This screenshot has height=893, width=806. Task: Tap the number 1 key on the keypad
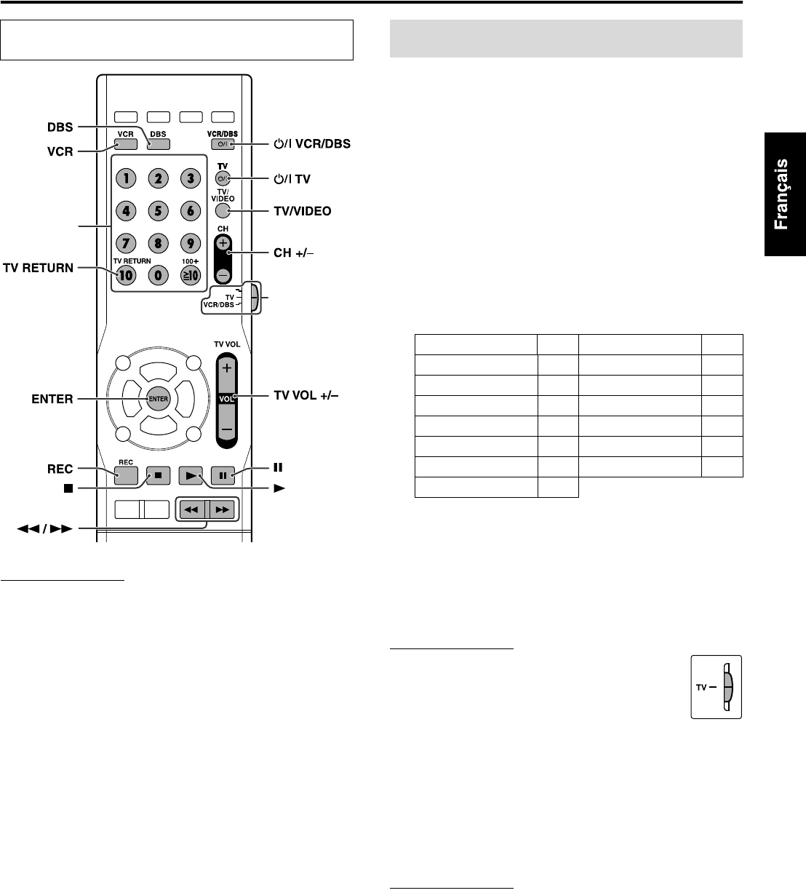[x=126, y=179]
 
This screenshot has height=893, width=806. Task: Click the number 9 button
[x=190, y=244]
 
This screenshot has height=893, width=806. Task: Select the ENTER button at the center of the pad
[x=158, y=398]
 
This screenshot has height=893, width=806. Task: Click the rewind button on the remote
[x=191, y=510]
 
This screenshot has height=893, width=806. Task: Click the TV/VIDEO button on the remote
[x=223, y=211]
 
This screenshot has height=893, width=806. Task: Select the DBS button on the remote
[x=158, y=143]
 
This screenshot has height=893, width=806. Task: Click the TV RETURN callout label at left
[x=38, y=268]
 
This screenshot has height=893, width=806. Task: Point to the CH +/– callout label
[x=298, y=253]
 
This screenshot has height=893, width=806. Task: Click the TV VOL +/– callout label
[x=306, y=395]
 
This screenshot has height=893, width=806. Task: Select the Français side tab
[x=783, y=194]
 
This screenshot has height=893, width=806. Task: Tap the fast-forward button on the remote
[x=222, y=510]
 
